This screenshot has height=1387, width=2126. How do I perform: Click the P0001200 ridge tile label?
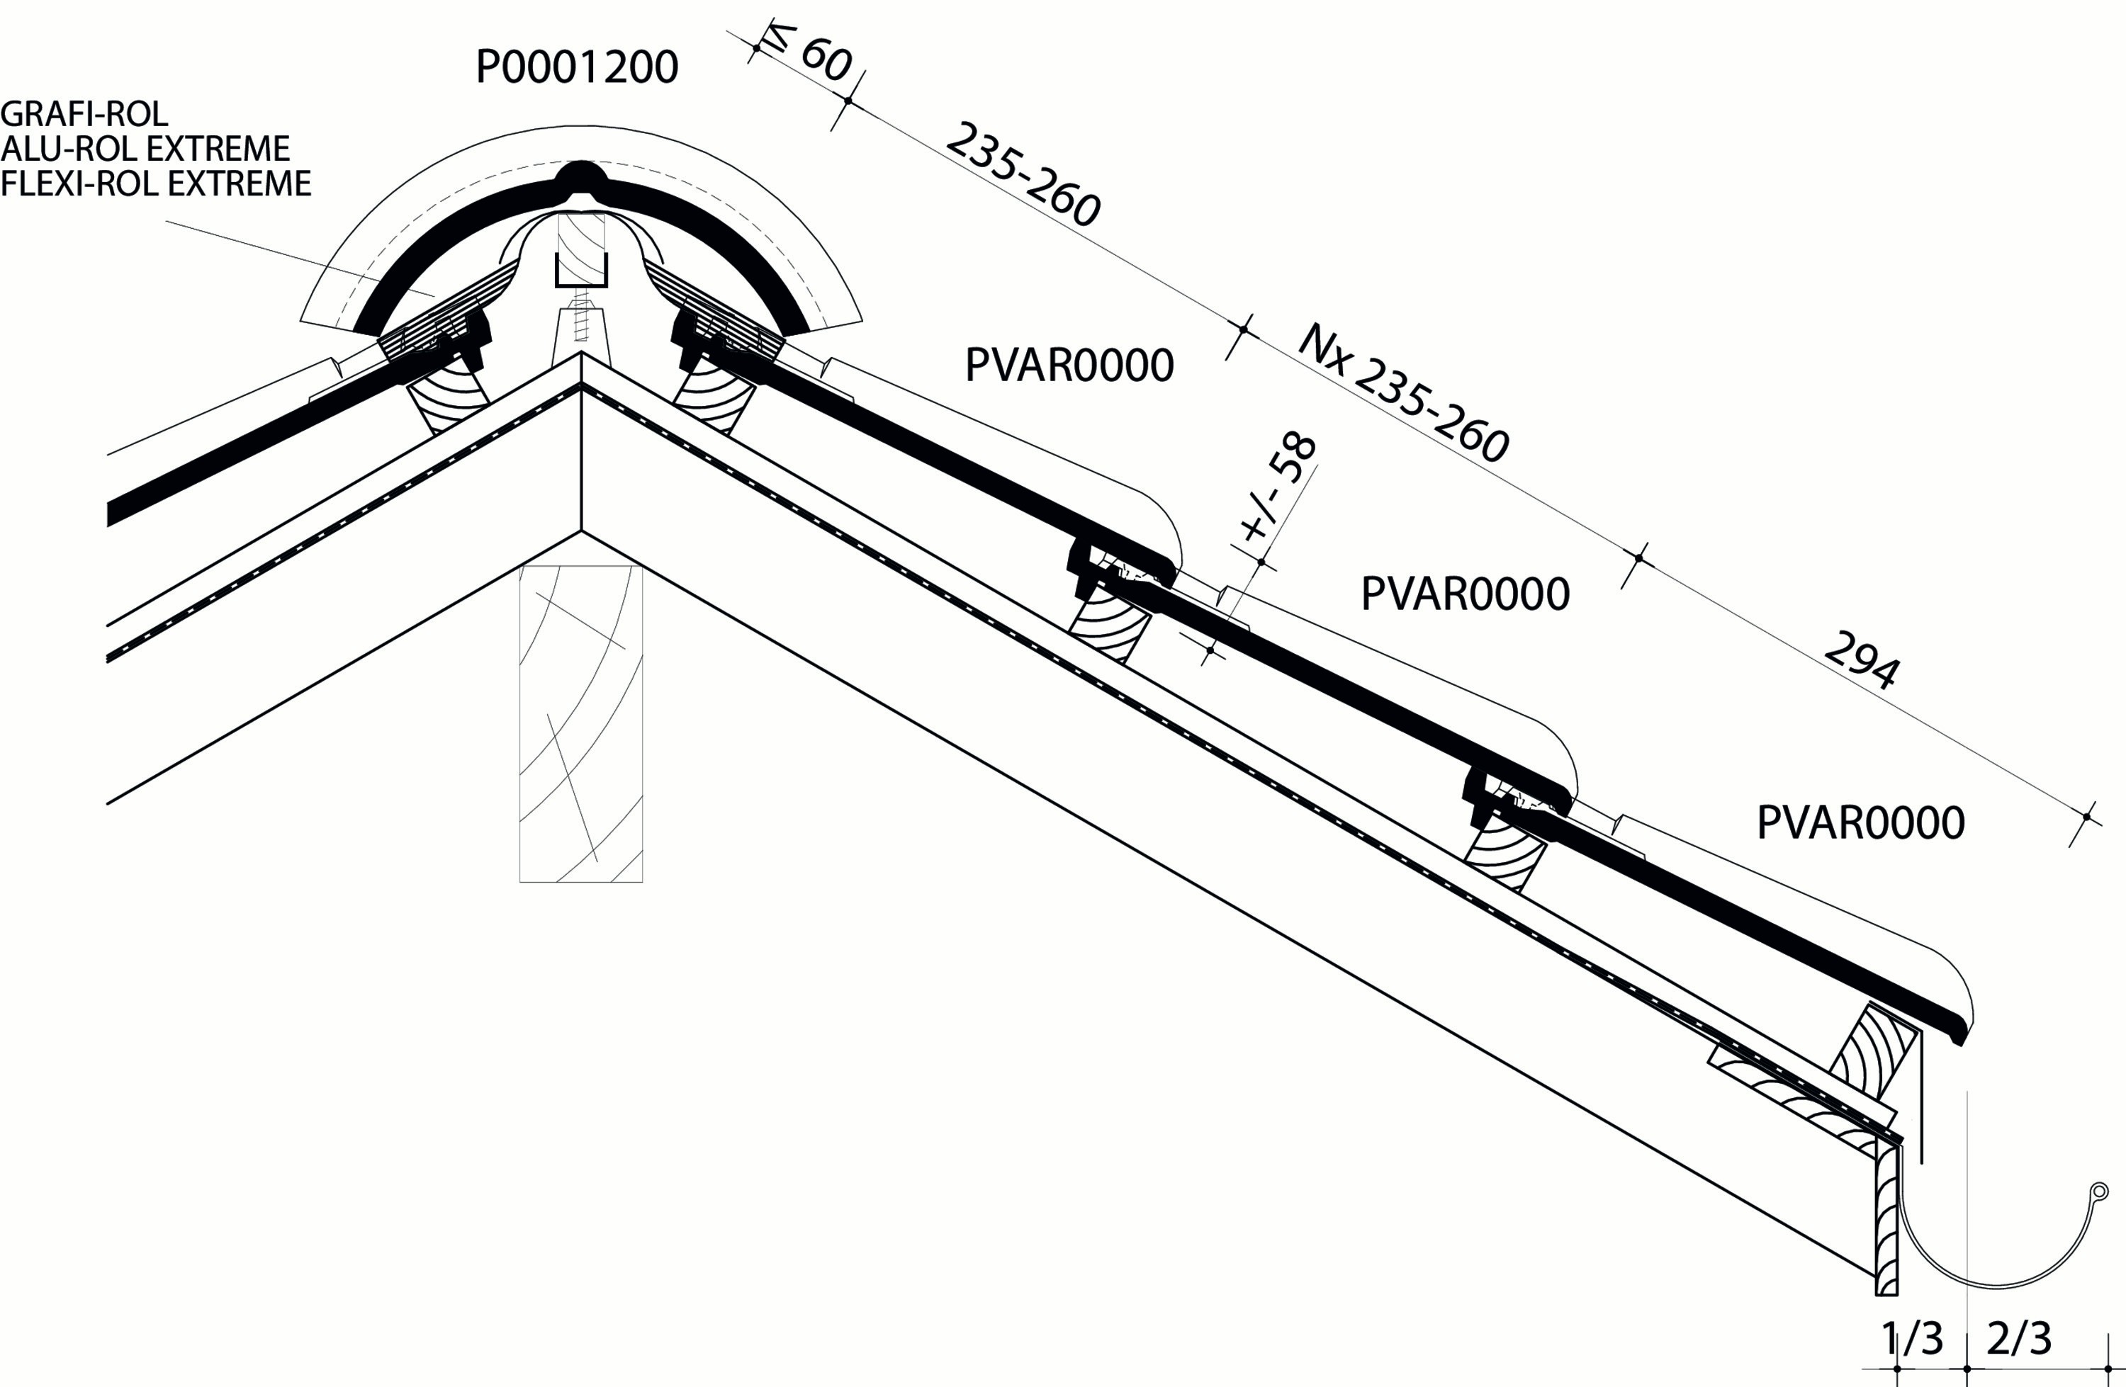click(x=577, y=67)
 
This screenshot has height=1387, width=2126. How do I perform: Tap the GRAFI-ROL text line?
click(x=84, y=114)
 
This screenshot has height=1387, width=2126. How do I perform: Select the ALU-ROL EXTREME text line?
click(x=145, y=148)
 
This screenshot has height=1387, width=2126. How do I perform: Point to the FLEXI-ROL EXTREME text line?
click(x=155, y=183)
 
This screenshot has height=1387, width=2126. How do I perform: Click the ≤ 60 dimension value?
click(x=810, y=55)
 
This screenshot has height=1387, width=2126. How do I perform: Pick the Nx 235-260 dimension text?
click(x=1403, y=394)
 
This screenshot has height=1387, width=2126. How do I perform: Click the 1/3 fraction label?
click(x=1911, y=1339)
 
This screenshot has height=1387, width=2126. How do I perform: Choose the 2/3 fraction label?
click(x=2020, y=1339)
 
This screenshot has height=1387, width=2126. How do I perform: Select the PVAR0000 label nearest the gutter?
click(x=1861, y=822)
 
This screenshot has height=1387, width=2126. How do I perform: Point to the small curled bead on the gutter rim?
click(x=2098, y=1191)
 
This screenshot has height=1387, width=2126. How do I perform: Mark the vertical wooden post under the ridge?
click(x=580, y=723)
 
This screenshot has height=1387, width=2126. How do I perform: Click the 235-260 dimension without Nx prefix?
click(x=1023, y=175)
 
